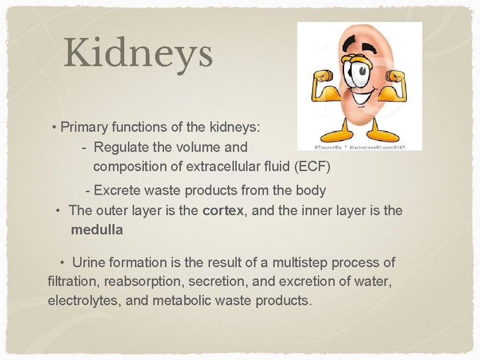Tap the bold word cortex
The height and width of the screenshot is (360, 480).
(223, 211)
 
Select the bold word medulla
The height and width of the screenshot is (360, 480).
(97, 230)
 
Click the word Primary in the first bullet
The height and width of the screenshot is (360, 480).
(85, 127)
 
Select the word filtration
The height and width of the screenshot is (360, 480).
(74, 282)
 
